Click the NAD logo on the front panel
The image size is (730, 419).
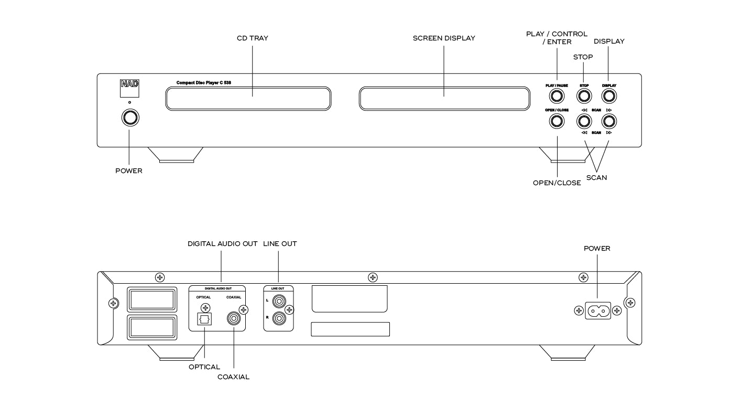coord(130,88)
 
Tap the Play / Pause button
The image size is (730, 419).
coord(557,96)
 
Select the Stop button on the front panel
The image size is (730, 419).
coord(584,96)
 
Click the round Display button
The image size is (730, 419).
coord(609,96)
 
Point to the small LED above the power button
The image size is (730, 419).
coord(130,102)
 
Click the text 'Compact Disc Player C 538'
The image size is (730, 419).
coord(204,83)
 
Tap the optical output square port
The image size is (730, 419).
coord(204,319)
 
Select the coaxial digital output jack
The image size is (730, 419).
coord(234,318)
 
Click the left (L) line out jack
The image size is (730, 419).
coord(279,302)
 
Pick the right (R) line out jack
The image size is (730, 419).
coord(279,318)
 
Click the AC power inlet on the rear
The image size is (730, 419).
coord(598,311)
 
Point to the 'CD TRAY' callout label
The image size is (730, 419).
coord(253,38)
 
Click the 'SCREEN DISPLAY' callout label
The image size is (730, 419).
coord(444,38)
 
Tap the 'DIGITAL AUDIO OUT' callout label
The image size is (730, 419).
coord(223,243)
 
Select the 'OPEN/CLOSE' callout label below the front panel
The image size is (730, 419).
coord(557,183)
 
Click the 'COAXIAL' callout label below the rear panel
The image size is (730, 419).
coord(233,377)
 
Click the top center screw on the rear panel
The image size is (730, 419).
coord(373,277)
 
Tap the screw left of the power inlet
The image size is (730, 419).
coord(579,311)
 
